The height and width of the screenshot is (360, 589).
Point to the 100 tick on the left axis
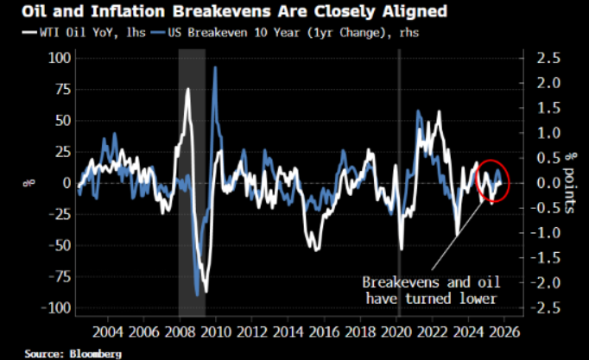(x=56, y=58)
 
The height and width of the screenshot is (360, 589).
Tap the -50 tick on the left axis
(x=56, y=245)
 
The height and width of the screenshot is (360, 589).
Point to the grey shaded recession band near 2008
(x=192, y=181)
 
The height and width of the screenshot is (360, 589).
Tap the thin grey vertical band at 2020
(x=399, y=181)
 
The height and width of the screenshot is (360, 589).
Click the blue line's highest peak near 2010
(x=214, y=68)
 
